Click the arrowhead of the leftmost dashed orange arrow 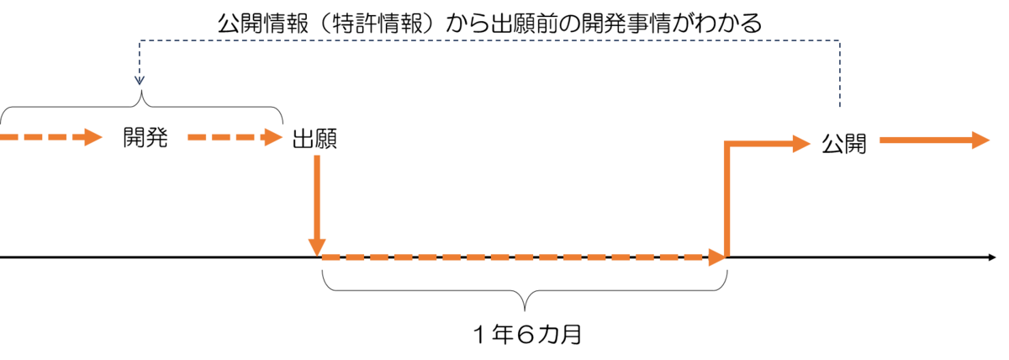(93, 137)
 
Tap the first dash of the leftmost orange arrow (9, 137)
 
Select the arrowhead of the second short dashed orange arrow (273, 137)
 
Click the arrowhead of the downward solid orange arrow (317, 246)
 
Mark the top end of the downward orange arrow (317, 156)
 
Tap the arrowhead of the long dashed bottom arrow (716, 257)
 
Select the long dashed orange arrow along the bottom (513, 257)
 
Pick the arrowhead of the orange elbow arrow (801, 144)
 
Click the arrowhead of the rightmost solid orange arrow (980, 140)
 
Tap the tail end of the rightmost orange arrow (882, 140)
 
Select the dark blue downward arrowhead (140, 81)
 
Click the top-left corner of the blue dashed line (140, 40)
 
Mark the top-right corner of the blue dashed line (839, 40)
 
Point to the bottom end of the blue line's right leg (839, 106)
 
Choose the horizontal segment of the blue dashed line (488, 40)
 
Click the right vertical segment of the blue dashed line (839, 74)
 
